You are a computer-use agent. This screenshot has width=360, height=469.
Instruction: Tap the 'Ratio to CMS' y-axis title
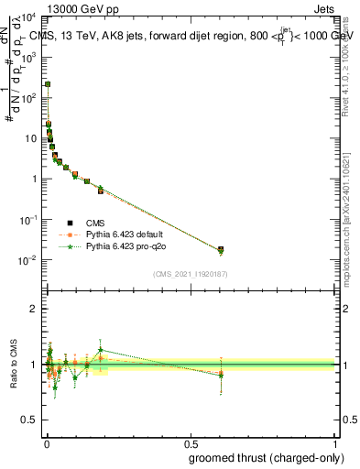point(15,365)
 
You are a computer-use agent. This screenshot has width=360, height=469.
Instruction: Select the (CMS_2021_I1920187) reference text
point(190,274)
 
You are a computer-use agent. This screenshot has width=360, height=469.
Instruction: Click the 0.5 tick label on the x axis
point(191,444)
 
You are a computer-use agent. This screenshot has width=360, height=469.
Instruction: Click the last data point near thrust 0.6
point(220,249)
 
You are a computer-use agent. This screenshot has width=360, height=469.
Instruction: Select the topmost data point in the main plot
point(48,84)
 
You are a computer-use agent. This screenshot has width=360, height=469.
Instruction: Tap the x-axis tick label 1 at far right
point(335,444)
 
